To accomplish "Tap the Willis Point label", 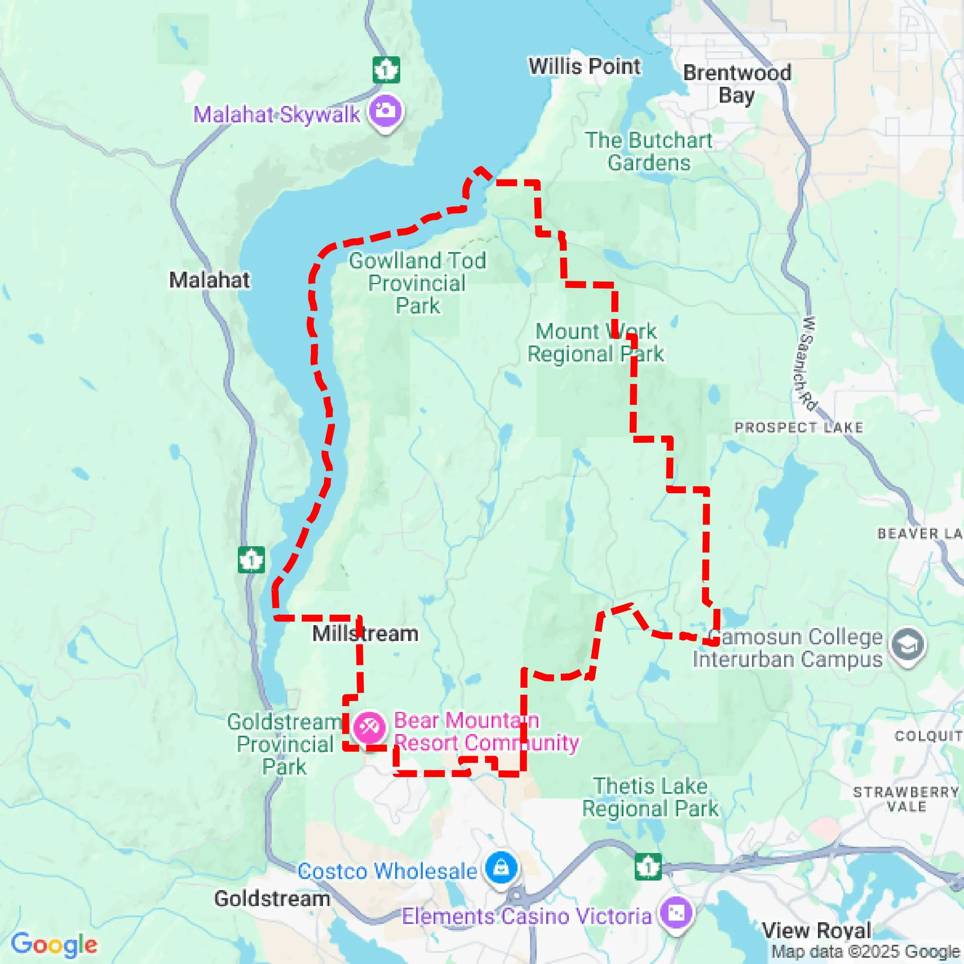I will (584, 66).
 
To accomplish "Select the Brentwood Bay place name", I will (737, 84).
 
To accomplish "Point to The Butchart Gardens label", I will (649, 151).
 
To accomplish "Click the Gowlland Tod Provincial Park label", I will (417, 283).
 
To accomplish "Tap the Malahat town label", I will (209, 280).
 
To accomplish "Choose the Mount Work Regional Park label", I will (596, 343).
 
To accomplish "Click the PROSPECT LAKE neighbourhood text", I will (798, 428).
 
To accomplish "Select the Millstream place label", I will (365, 633).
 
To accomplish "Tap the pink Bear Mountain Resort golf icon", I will (369, 727).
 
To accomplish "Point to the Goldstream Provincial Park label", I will (285, 744).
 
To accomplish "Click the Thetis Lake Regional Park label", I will (650, 797).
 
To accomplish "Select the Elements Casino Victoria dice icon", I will (676, 913).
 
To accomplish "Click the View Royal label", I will (817, 931).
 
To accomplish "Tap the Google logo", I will (54, 944).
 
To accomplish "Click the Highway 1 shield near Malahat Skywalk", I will (386, 70).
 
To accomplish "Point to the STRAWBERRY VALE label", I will (906, 799).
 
